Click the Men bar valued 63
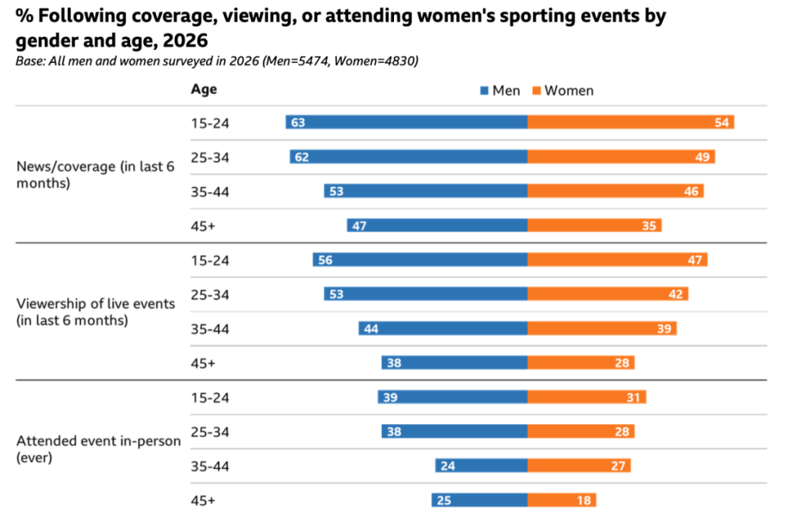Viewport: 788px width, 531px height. click(x=406, y=122)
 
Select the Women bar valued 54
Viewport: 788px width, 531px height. click(x=630, y=122)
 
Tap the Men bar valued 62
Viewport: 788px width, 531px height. click(x=409, y=157)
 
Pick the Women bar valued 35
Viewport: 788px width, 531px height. click(x=594, y=225)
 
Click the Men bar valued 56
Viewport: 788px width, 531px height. click(x=420, y=260)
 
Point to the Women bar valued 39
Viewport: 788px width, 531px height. click(x=602, y=329)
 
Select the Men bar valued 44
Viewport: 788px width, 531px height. click(x=442, y=329)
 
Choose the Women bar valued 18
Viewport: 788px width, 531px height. click(x=562, y=500)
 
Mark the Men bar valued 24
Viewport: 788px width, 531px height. click(x=481, y=466)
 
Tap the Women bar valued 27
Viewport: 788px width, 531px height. click(x=579, y=466)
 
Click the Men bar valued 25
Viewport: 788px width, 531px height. click(x=479, y=500)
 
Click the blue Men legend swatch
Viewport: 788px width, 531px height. click(x=484, y=91)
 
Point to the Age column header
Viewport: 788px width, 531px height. click(x=204, y=89)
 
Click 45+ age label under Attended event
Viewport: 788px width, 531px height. click(x=203, y=500)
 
